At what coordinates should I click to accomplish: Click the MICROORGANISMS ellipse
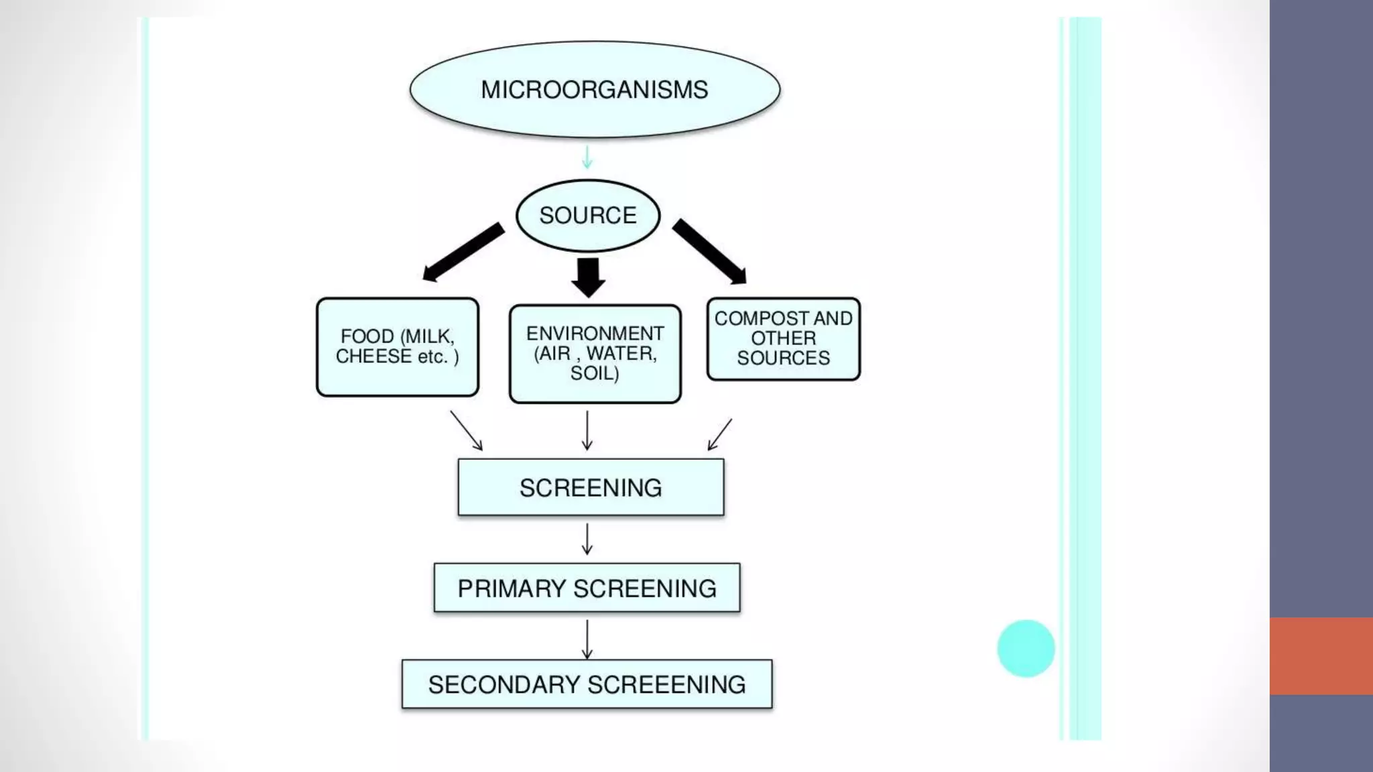tap(595, 90)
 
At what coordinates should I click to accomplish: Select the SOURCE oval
tap(588, 216)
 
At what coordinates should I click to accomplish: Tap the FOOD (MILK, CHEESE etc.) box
tap(398, 347)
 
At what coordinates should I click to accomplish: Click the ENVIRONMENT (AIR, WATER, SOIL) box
tap(595, 354)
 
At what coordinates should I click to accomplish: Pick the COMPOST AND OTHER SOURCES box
tap(783, 339)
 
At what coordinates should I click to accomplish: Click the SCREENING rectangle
tap(591, 487)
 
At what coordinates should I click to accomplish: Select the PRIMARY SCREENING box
tap(587, 588)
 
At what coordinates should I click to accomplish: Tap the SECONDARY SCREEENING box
tap(587, 684)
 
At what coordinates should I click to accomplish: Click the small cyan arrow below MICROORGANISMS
tap(587, 157)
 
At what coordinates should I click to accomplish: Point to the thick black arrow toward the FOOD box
tap(463, 253)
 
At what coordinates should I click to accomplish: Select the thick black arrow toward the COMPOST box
tap(710, 251)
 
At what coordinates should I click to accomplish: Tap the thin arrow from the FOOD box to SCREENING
tap(466, 430)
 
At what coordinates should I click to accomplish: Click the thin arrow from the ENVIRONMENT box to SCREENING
tap(587, 430)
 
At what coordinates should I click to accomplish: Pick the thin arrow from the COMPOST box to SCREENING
tap(720, 434)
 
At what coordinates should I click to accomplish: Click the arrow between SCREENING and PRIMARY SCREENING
tap(587, 539)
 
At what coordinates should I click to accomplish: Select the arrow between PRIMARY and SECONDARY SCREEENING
tap(587, 639)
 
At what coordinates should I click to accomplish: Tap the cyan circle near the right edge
tap(1026, 648)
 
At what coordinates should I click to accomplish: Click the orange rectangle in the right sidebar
tap(1321, 655)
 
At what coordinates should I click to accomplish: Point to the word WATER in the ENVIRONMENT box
tap(621, 353)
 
